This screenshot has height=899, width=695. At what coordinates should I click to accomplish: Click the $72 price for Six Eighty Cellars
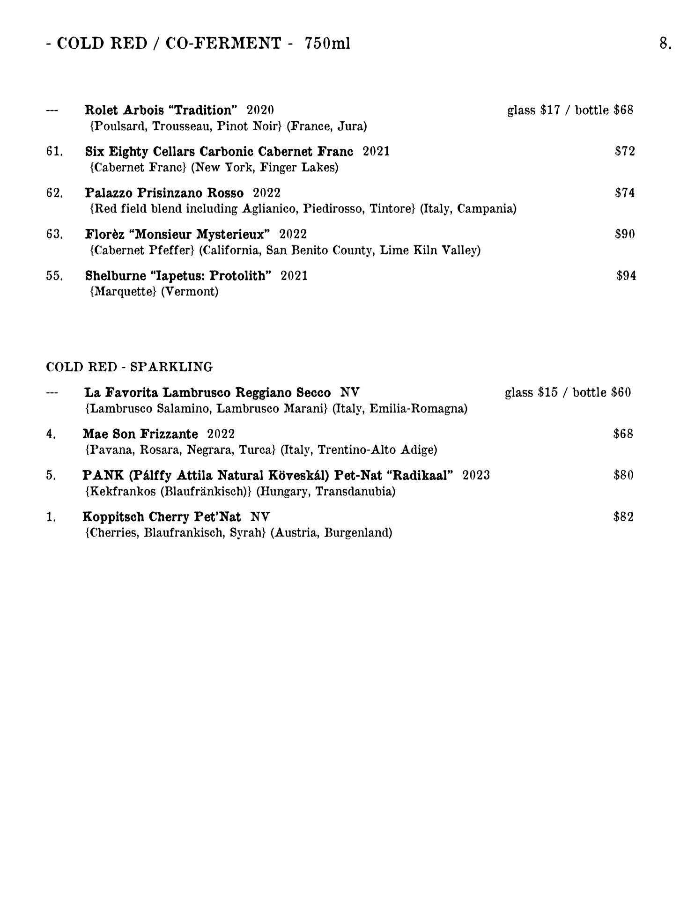[x=625, y=151]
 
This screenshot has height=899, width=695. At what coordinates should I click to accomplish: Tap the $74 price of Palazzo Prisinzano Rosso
[x=625, y=193]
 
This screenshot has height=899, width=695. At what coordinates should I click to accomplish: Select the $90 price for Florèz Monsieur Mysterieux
[x=625, y=234]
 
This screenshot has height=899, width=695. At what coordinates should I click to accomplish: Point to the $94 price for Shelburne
[x=626, y=276]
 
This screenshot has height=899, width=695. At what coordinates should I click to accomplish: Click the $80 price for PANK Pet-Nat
[x=623, y=476]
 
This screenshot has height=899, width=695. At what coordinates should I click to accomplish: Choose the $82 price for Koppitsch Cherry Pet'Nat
[x=623, y=517]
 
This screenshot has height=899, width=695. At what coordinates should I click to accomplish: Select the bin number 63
[x=54, y=234]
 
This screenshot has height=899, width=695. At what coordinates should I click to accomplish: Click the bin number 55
[x=54, y=276]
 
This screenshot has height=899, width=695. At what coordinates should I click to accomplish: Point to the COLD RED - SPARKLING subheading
[x=129, y=367]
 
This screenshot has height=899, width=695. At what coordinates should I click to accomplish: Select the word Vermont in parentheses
[x=190, y=292]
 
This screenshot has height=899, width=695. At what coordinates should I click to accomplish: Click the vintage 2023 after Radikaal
[x=476, y=476]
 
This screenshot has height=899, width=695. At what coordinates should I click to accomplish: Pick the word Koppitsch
[x=113, y=517]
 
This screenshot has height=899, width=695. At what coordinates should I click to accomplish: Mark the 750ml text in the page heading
[x=327, y=44]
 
